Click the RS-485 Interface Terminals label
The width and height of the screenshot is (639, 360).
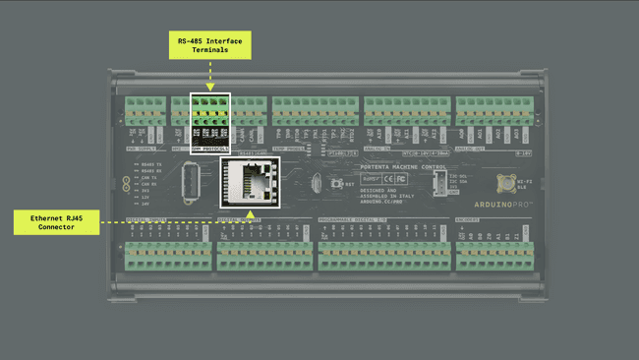pos(209,44)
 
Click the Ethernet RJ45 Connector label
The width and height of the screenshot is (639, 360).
pos(57,221)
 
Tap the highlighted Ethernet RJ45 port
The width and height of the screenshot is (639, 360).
pos(250,182)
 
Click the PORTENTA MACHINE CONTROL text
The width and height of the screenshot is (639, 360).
pos(389,167)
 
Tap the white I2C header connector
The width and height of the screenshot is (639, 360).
pos(438,183)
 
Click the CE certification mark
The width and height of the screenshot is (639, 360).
pos(388,179)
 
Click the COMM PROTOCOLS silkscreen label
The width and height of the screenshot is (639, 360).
pos(209,150)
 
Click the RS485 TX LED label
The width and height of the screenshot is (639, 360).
pos(150,164)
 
